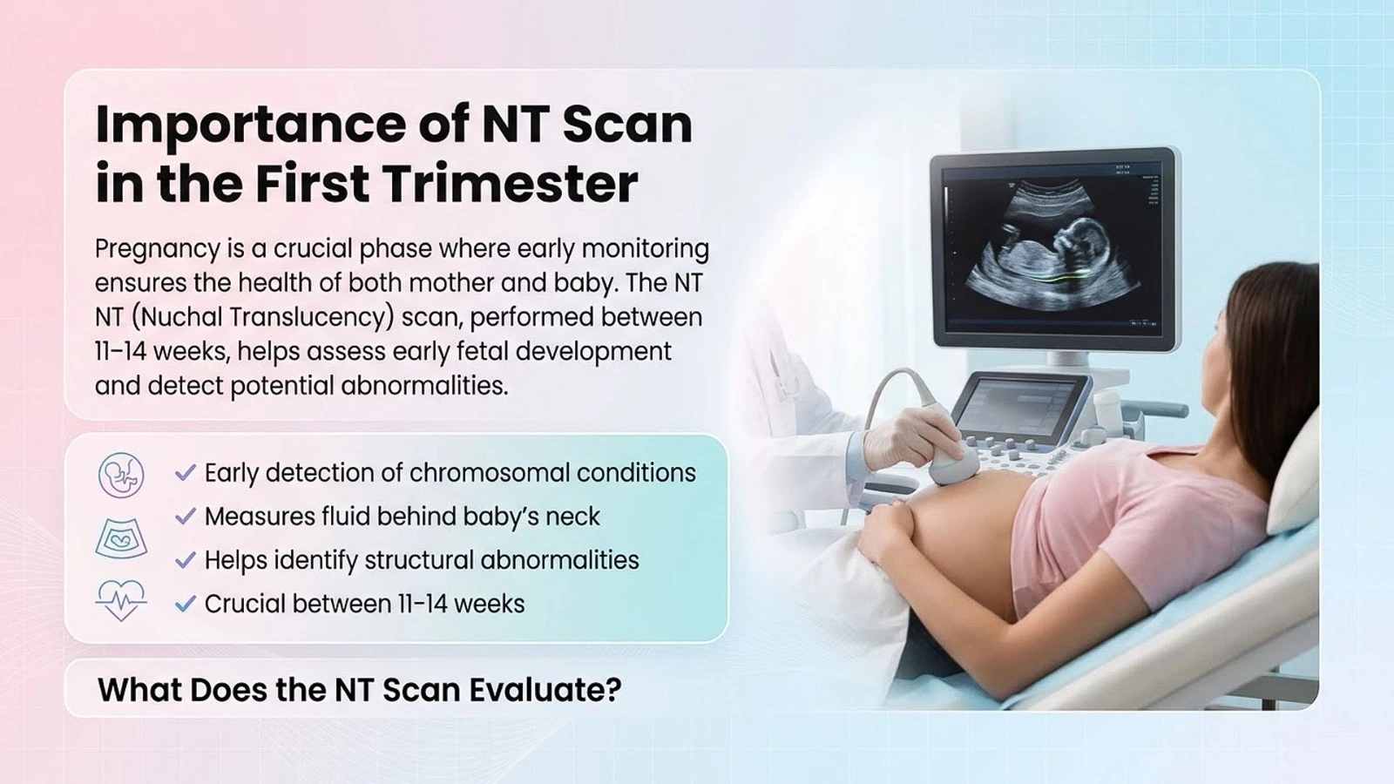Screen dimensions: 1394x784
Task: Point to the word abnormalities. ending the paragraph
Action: click(424, 386)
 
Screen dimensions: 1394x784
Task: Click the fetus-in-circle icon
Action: click(121, 475)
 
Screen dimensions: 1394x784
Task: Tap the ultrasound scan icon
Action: click(121, 539)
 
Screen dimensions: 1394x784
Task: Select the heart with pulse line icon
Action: click(121, 600)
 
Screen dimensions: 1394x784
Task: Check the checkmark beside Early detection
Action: click(186, 473)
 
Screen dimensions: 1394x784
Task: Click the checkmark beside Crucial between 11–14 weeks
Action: click(186, 604)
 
